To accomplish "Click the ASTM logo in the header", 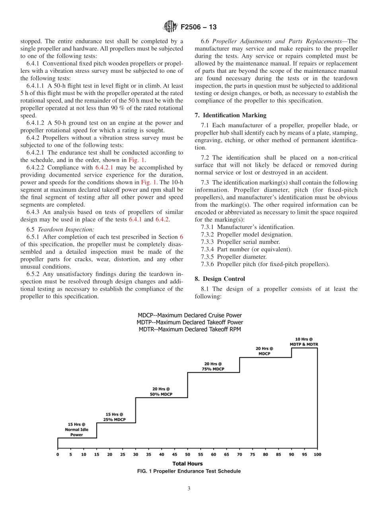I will point(170,27).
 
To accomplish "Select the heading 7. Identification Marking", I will point(230,115).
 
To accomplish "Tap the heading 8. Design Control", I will point(220,279).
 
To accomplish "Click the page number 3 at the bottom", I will point(189,488).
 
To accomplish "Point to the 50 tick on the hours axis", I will point(187,454).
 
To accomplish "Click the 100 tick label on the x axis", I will point(317,454).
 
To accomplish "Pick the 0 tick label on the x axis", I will point(58,454).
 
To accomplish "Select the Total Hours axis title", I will point(187,463).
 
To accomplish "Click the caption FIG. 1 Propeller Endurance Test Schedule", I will point(189,471).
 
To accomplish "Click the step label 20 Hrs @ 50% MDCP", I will point(161,391).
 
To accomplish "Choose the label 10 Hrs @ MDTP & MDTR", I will point(304,342).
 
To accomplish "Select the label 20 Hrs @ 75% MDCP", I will point(213,366).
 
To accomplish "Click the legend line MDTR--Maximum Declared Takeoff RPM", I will point(189,329).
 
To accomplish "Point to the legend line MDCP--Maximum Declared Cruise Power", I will point(189,315).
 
